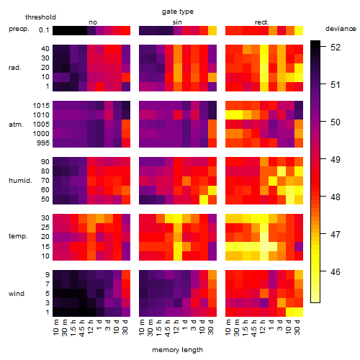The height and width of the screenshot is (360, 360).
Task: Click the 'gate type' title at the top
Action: [x=178, y=12]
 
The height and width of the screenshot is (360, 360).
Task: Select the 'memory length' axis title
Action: [x=177, y=350]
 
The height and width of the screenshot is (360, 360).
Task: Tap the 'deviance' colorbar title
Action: [x=341, y=29]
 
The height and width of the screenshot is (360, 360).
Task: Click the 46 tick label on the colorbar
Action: [x=336, y=272]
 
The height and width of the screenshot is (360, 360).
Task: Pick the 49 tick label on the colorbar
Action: [x=336, y=160]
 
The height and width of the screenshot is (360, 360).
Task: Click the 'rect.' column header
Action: [x=261, y=22]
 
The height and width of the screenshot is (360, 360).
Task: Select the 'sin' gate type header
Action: [x=177, y=22]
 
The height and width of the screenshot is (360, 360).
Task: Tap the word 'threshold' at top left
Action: [x=40, y=17]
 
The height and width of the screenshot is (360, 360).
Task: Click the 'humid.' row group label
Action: [x=20, y=181]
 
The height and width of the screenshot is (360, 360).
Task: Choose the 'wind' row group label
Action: [x=17, y=294]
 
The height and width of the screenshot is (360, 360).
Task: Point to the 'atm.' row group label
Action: [x=16, y=125]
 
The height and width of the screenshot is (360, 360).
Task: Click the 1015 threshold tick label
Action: [x=41, y=106]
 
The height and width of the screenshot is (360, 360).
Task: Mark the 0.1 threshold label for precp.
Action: [x=44, y=30]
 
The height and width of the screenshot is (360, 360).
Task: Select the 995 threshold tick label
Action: [x=43, y=143]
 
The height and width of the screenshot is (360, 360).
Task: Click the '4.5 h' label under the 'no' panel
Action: [x=82, y=328]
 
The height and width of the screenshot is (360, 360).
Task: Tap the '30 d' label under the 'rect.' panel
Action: [x=297, y=327]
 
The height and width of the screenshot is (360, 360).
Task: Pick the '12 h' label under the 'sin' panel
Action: [x=176, y=327]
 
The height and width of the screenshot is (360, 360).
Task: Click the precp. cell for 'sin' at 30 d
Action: [x=212, y=30]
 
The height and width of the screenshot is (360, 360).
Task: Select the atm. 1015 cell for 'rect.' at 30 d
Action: [x=299, y=106]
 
